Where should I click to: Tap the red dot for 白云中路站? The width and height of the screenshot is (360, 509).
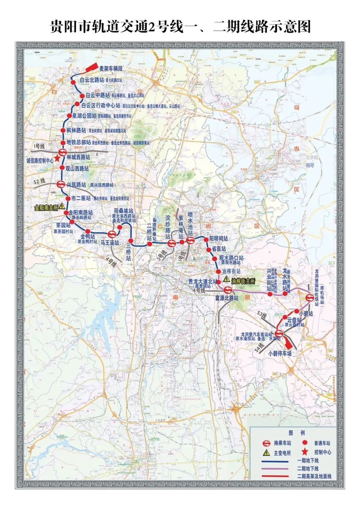tap(82, 96)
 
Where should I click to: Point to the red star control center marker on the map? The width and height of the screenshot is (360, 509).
tap(57, 159)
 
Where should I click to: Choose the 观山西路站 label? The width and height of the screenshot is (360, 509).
tap(78, 169)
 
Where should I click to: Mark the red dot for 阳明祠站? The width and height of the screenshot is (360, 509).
tap(206, 239)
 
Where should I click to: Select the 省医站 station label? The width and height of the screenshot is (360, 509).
tap(219, 249)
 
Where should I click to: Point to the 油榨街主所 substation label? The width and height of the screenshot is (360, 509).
tap(243, 281)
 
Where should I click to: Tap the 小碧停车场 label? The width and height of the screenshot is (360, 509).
tap(280, 354)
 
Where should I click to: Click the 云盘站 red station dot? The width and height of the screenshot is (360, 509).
tap(286, 317)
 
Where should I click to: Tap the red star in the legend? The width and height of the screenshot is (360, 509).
tap(304, 452)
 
